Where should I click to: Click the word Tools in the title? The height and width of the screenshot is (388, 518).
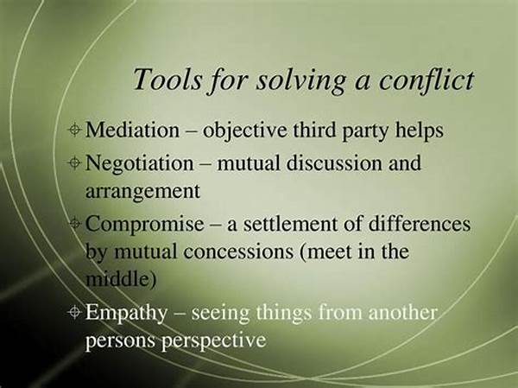[x=167, y=79]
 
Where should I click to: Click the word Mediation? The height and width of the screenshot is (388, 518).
[x=132, y=130]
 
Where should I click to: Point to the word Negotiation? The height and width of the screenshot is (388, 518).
[x=139, y=163]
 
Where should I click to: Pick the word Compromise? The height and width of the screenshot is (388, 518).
[x=145, y=225]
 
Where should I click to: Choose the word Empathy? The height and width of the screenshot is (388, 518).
[x=126, y=313]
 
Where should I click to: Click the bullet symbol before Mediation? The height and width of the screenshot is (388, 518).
[x=74, y=130]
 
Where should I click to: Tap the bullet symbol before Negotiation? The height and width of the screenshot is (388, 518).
[x=74, y=162]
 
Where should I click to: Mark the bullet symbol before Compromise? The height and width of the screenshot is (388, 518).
[x=74, y=224]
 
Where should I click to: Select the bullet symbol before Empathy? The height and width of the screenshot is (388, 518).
[x=74, y=312]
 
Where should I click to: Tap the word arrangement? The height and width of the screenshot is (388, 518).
[x=142, y=192]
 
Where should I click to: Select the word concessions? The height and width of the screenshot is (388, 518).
[x=238, y=251]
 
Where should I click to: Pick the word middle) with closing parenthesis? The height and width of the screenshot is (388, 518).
[x=121, y=279]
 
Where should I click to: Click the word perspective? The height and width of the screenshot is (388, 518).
[x=213, y=340]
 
